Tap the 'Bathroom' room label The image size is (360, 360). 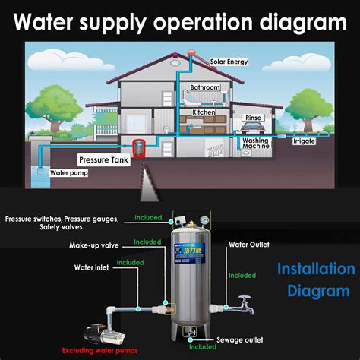pyautogui.click(x=205, y=87)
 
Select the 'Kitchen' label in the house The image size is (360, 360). pyautogui.click(x=204, y=112)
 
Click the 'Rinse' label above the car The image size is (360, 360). pyautogui.click(x=253, y=118)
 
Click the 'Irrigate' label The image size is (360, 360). pyautogui.click(x=304, y=141)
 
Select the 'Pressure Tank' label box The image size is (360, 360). pyautogui.click(x=105, y=160)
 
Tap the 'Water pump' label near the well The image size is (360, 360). pyautogui.click(x=69, y=173)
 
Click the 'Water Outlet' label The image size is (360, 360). pyautogui.click(x=248, y=245)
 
